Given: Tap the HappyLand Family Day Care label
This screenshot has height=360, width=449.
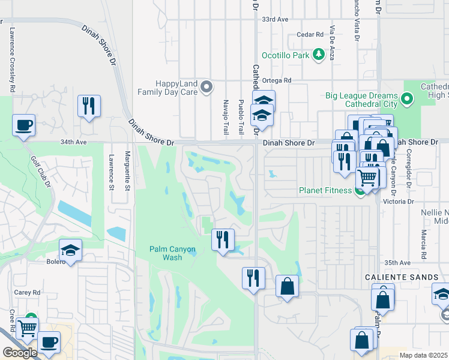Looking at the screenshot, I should coord(167,88).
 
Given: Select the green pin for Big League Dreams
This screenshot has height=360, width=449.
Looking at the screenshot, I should coord(408,97).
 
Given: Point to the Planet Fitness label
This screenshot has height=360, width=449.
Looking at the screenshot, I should coord(326,191).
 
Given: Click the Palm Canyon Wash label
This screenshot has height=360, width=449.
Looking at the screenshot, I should coord(172,253).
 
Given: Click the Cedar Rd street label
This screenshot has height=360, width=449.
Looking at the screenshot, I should coord(301,35).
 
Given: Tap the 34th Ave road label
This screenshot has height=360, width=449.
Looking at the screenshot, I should coord(74,142).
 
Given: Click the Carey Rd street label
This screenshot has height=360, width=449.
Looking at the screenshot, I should coord(28,292).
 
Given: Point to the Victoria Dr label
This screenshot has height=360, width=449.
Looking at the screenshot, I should coord(402,202).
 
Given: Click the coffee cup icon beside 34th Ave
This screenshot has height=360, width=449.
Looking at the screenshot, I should coord(23,125).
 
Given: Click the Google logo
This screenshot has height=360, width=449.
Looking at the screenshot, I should coord(20,353).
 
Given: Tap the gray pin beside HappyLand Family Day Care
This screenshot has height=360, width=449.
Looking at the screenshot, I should coord(207,88).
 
